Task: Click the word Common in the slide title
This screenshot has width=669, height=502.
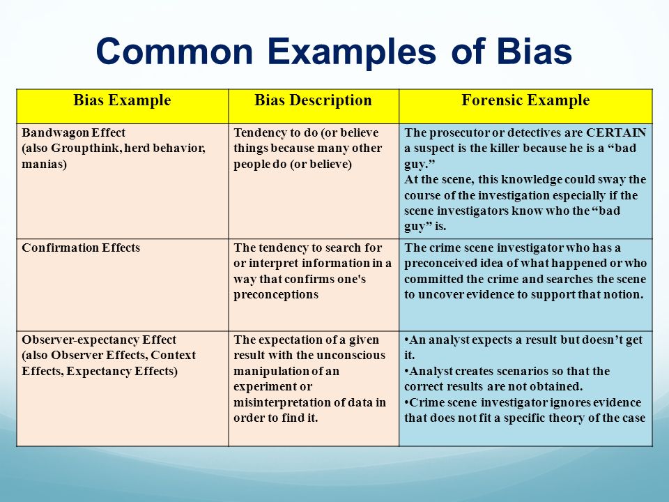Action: click(175, 51)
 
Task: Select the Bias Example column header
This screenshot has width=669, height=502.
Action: click(122, 100)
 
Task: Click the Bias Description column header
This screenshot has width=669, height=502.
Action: click(313, 100)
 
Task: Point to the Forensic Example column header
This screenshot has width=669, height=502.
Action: click(525, 100)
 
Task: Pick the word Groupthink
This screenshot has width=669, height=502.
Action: click(85, 149)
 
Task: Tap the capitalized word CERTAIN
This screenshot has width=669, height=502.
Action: click(616, 132)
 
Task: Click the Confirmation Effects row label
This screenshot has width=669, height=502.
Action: click(81, 248)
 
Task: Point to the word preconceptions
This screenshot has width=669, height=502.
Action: click(276, 295)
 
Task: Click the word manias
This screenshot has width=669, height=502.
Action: click(44, 165)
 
